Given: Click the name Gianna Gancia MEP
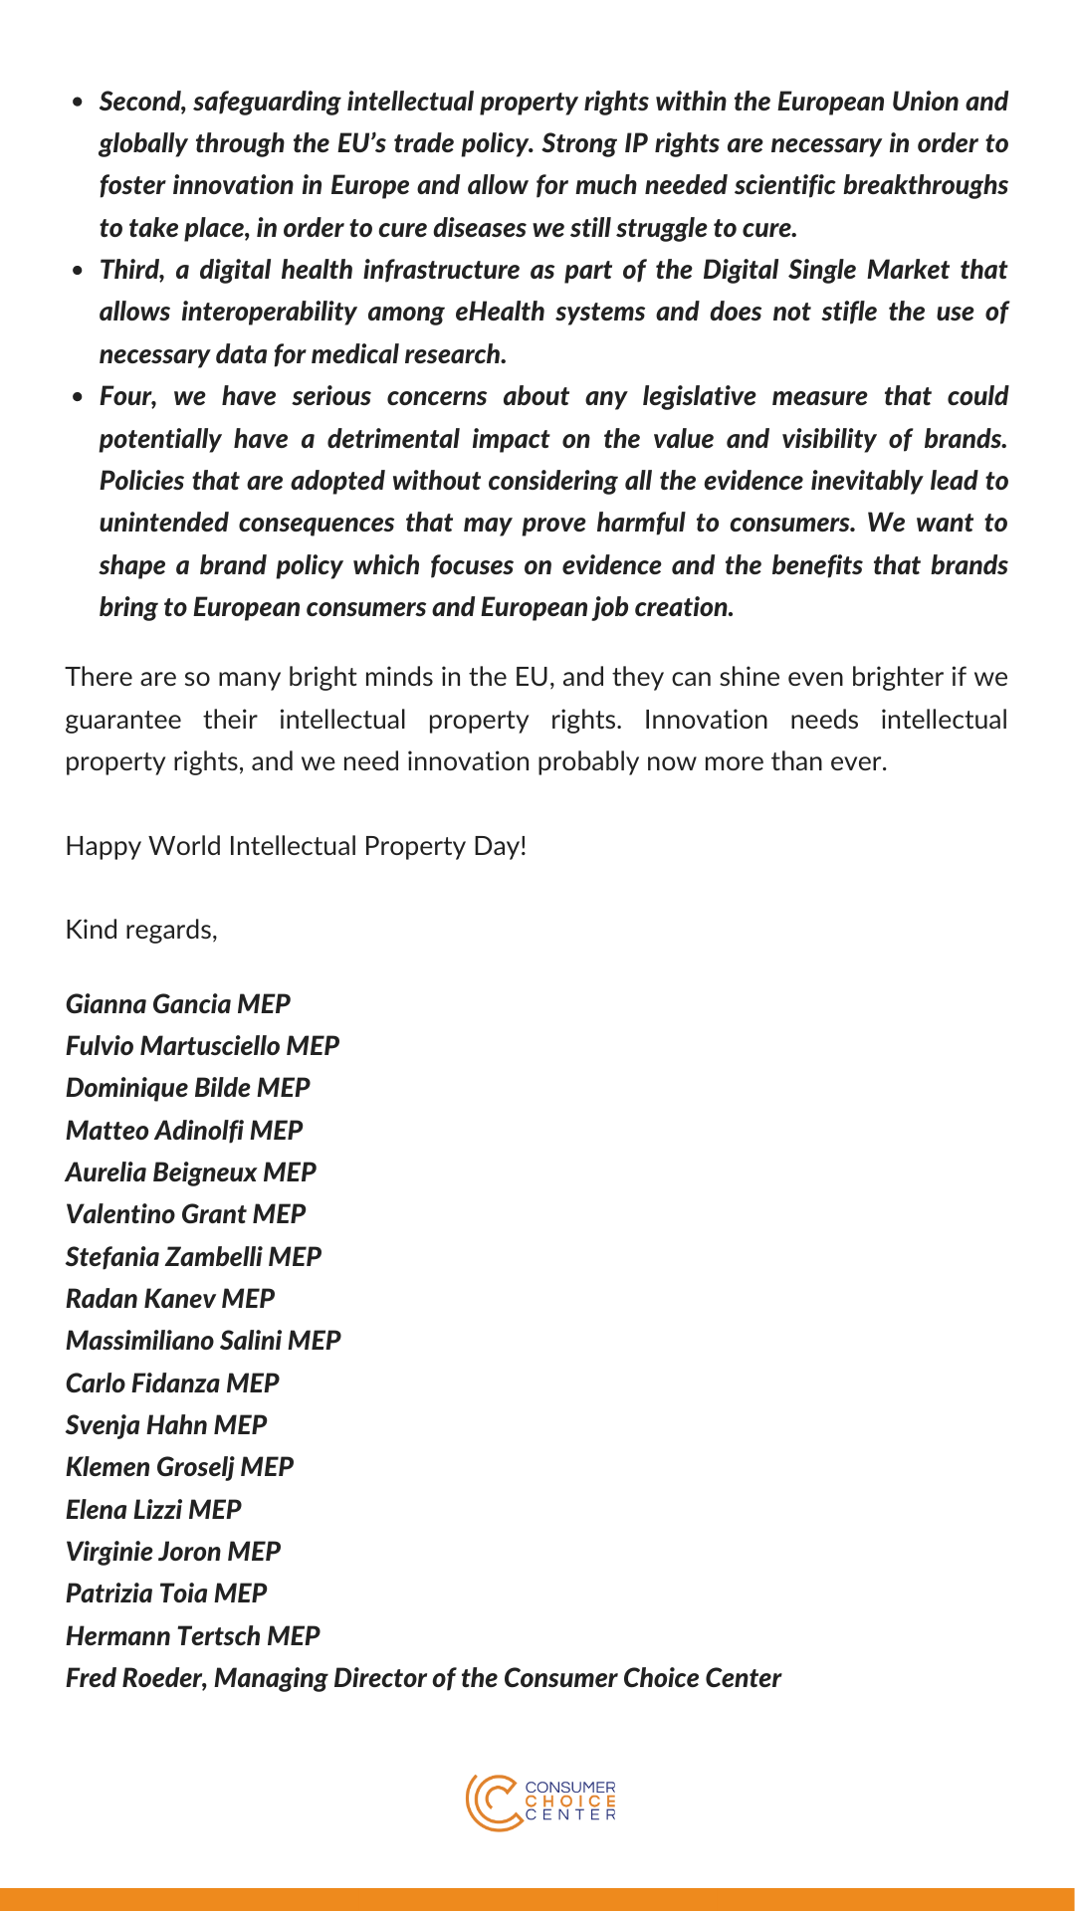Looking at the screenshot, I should click(x=177, y=1003).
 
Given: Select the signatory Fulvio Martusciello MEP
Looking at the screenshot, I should click(x=202, y=1045).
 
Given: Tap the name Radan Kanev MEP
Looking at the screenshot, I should click(x=169, y=1298).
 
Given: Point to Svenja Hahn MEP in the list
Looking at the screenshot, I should click(x=165, y=1424).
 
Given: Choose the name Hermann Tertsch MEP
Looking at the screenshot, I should click(x=192, y=1635).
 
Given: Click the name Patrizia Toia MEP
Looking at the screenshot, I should click(x=165, y=1592).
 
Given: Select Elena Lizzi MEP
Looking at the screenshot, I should click(x=153, y=1509).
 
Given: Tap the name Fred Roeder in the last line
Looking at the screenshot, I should click(x=136, y=1678).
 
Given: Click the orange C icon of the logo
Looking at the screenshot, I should click(x=492, y=1803).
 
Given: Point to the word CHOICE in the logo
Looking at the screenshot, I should click(x=570, y=1802).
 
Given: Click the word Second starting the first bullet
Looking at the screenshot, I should click(x=141, y=102).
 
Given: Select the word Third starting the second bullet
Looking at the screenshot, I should click(x=129, y=270).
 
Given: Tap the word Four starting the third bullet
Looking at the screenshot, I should click(x=125, y=396).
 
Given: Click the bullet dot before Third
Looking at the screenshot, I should click(x=78, y=271).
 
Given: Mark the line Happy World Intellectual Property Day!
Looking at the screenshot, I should click(x=296, y=846).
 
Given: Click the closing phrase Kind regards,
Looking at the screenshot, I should click(x=140, y=930).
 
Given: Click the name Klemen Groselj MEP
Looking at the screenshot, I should click(x=179, y=1467).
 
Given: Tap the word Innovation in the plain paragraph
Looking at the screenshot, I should click(x=705, y=720).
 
